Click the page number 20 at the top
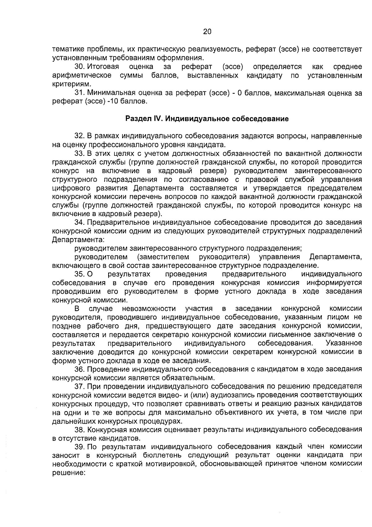pos(207,31)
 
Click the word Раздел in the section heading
pos(136,119)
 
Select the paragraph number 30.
pos(80,67)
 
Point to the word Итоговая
pos(103,67)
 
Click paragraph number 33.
pos(80,153)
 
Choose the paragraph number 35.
pos(80,274)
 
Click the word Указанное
pos(344,343)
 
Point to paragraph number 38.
pos(80,430)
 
